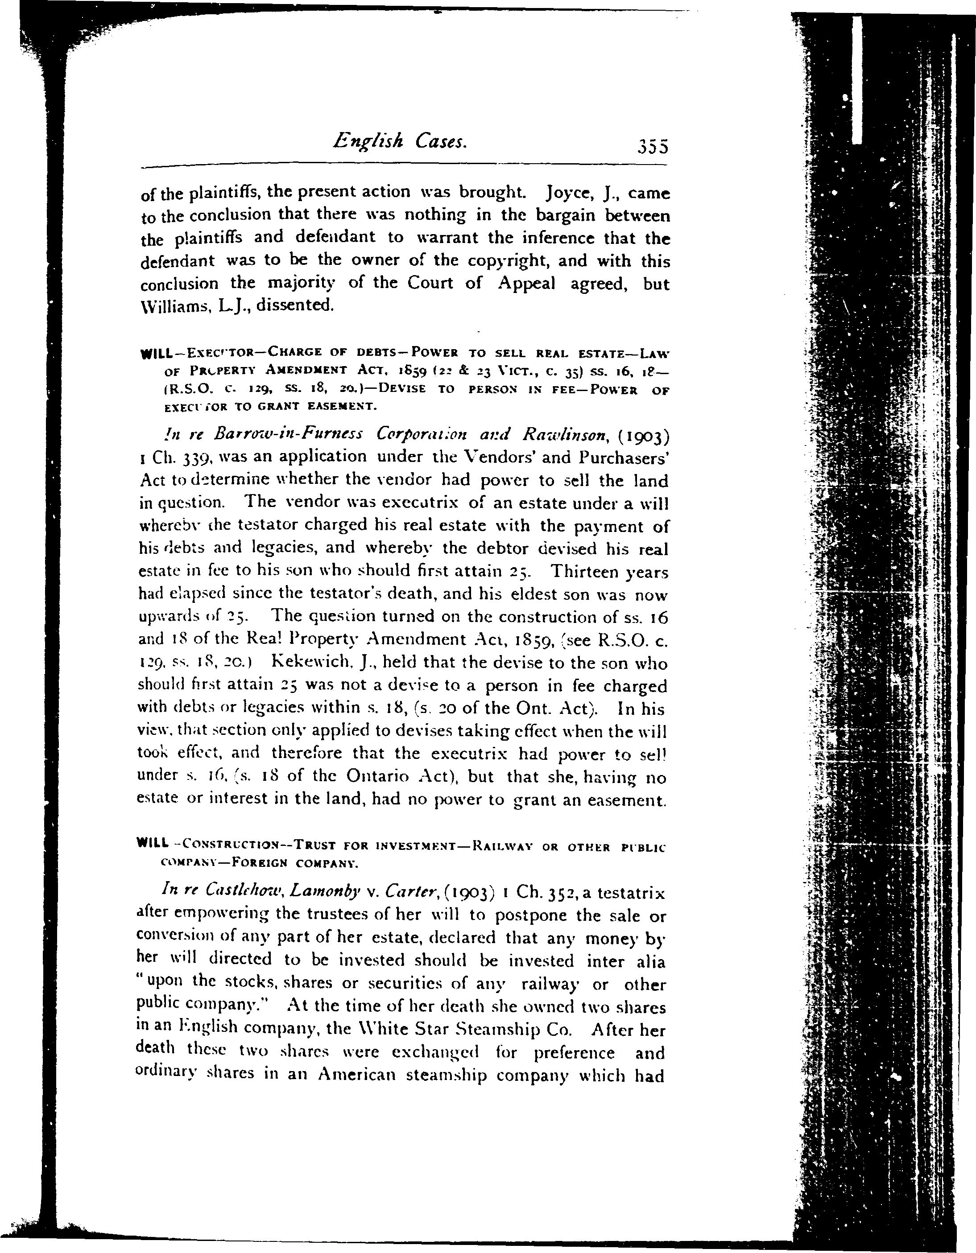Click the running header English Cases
pyautogui.click(x=400, y=140)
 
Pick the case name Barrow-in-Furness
pyautogui.click(x=287, y=434)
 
